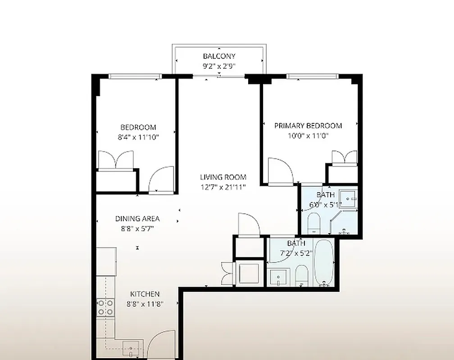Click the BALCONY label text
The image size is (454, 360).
(219, 56)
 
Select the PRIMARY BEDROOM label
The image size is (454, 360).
(308, 126)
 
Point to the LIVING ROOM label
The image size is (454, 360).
(223, 177)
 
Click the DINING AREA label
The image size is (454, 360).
(137, 219)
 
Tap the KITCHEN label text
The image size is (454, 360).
(145, 294)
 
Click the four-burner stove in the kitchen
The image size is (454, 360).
(105, 307)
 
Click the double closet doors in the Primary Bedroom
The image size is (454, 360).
(345, 157)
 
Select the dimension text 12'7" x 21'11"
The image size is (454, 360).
(223, 187)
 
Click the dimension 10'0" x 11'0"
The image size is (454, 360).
(308, 136)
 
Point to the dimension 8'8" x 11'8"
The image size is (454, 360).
(145, 304)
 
